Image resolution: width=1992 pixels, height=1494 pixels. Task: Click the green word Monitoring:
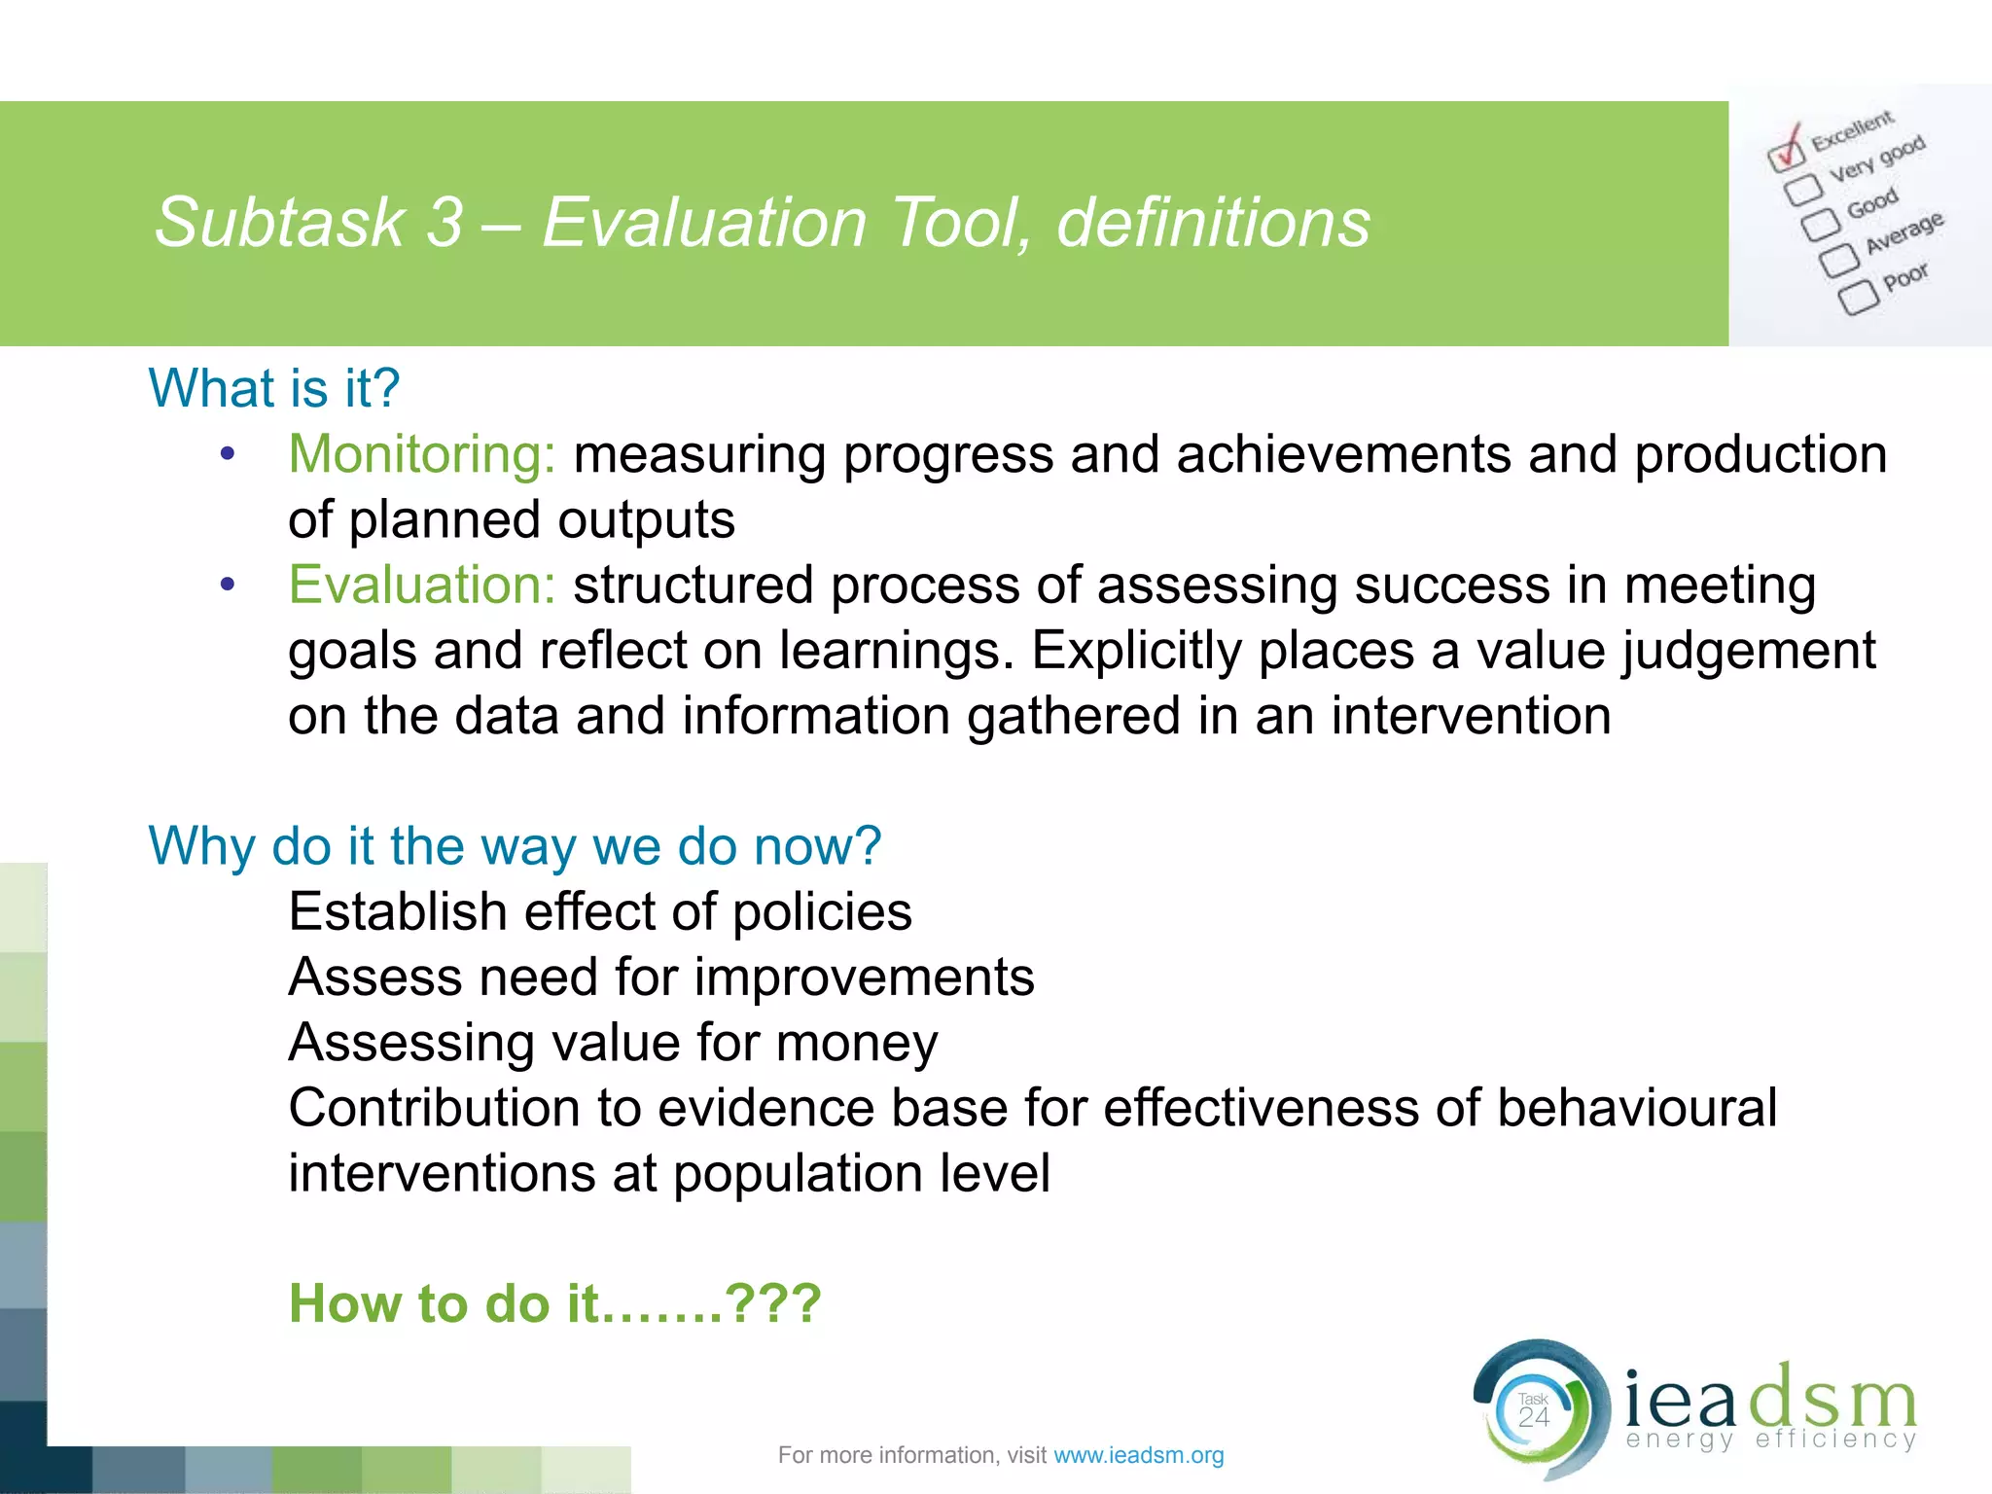click(x=422, y=454)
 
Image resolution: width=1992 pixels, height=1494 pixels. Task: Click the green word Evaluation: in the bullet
click(x=422, y=586)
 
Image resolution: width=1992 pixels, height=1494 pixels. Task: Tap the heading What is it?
click(x=274, y=388)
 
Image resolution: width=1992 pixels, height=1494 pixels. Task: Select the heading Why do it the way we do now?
click(x=515, y=845)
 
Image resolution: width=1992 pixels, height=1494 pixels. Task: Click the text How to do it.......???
click(x=555, y=1303)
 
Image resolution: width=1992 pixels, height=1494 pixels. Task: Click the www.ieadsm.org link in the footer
click(x=1138, y=1455)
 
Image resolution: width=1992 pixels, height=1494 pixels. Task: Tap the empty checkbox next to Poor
click(x=1858, y=297)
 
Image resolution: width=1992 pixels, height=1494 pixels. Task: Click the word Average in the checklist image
click(x=1903, y=232)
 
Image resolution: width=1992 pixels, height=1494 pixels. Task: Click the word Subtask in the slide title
click(x=279, y=223)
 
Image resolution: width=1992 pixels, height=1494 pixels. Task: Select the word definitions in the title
click(x=1213, y=223)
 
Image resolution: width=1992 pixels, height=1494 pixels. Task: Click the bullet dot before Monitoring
click(x=228, y=454)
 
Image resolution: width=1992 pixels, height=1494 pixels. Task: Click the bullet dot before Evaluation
click(x=228, y=585)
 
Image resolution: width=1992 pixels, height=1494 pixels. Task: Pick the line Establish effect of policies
click(x=600, y=911)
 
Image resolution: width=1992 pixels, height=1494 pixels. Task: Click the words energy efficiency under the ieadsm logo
click(x=1770, y=1439)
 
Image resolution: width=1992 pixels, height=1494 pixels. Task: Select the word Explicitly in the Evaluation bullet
click(x=1135, y=651)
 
